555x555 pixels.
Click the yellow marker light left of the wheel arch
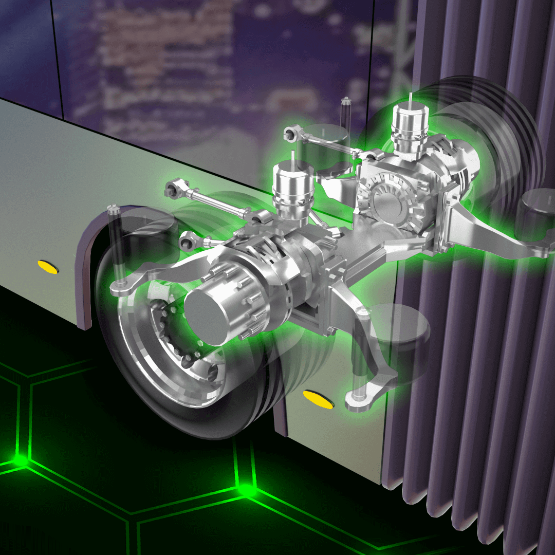pyautogui.click(x=47, y=266)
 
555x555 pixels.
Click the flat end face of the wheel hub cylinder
pyautogui.click(x=206, y=312)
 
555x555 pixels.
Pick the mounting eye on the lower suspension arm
pyautogui.click(x=355, y=399)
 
